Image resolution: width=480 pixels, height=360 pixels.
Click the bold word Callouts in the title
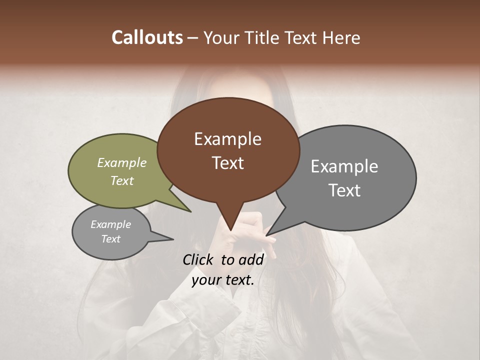tap(147, 37)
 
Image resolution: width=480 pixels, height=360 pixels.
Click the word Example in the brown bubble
tap(227, 139)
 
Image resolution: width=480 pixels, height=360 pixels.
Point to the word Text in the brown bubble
tap(227, 163)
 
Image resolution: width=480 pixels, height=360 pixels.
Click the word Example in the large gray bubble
tap(344, 166)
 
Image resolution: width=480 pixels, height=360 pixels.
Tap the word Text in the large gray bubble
tap(344, 190)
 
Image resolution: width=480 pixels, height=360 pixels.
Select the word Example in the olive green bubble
tap(121, 162)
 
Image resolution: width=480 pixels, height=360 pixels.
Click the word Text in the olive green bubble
tap(121, 180)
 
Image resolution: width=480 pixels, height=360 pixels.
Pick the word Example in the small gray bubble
tap(110, 224)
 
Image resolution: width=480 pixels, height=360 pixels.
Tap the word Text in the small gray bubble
tap(110, 239)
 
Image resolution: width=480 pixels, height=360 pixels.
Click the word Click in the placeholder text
tap(198, 259)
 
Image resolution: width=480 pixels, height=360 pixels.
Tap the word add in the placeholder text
tap(251, 259)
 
